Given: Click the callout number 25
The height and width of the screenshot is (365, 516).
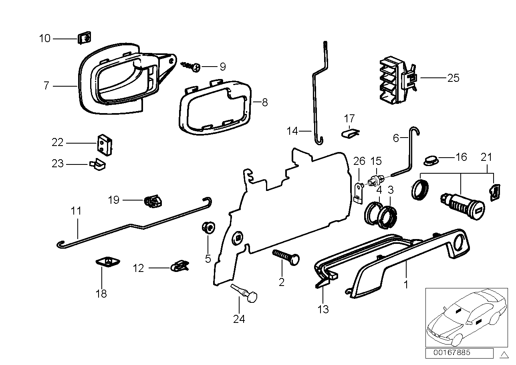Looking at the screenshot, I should (x=453, y=78).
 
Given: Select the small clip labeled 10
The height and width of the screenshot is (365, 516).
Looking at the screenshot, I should (x=84, y=39).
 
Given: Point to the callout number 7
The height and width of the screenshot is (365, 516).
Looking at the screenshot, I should (x=46, y=86).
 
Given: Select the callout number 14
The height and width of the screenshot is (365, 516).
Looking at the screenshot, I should (x=292, y=131).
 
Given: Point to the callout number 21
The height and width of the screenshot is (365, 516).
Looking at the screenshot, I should (x=486, y=157).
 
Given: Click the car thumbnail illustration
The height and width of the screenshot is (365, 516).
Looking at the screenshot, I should (x=465, y=317).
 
